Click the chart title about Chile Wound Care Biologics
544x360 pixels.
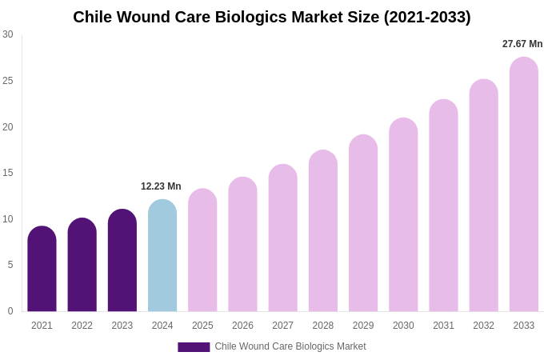(x=272, y=17)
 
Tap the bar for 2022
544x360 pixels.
(x=82, y=265)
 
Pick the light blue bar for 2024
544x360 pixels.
(x=162, y=256)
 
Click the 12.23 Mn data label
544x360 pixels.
(x=161, y=186)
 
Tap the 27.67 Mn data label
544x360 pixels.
(x=522, y=44)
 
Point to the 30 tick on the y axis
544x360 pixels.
(x=8, y=34)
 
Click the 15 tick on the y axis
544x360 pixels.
(x=8, y=173)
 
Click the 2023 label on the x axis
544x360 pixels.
(x=122, y=326)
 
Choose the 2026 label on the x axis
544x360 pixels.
(x=242, y=326)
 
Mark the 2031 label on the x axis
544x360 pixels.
(x=443, y=326)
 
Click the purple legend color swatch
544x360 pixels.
(x=194, y=347)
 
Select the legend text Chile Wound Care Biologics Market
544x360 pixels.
(x=290, y=346)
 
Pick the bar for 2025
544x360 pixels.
(x=202, y=250)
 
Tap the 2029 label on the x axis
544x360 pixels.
(x=363, y=326)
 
